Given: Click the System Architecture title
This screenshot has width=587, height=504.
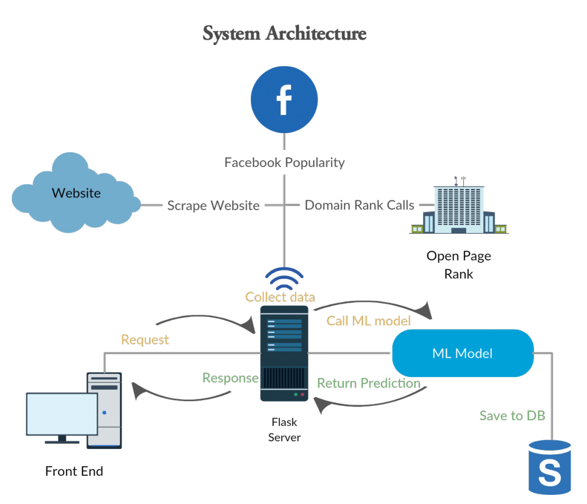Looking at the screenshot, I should [284, 34].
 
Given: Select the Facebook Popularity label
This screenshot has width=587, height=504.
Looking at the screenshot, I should [284, 162].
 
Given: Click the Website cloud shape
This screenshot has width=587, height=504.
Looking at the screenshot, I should [76, 194].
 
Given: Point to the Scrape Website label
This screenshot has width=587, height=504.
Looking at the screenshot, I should [213, 206].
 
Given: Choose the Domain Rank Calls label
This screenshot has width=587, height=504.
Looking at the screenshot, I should [359, 205].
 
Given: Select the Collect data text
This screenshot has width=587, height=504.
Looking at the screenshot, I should [280, 297].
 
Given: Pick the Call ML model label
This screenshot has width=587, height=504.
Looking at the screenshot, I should [369, 321].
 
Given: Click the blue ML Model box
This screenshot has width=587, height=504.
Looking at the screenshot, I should [462, 353].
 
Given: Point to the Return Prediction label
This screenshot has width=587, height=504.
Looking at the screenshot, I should [369, 383].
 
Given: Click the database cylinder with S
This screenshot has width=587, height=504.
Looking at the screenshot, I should [549, 468].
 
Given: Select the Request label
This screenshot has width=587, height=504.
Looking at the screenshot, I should [145, 340].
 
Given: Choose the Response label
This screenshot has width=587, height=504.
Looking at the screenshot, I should [230, 378].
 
